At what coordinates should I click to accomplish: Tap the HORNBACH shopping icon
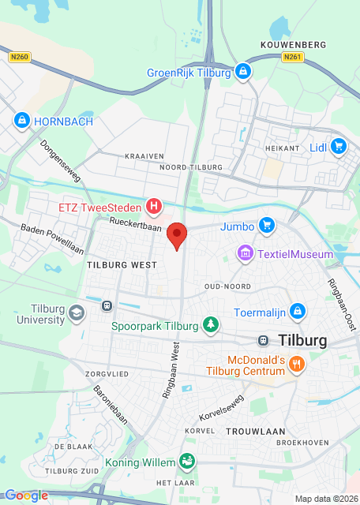[21, 122]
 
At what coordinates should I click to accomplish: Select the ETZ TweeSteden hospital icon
[155, 208]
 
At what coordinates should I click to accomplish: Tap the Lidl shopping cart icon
[339, 146]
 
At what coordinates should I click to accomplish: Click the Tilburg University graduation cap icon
[76, 313]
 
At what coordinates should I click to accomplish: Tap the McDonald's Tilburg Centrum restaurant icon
[297, 364]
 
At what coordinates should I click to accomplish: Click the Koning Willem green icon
[187, 460]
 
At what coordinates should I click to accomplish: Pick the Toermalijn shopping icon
[297, 312]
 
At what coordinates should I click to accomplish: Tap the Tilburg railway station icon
[262, 340]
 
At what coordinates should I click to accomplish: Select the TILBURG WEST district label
[122, 266]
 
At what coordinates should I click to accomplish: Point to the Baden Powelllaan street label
[52, 238]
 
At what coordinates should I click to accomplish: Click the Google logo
[26, 496]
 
